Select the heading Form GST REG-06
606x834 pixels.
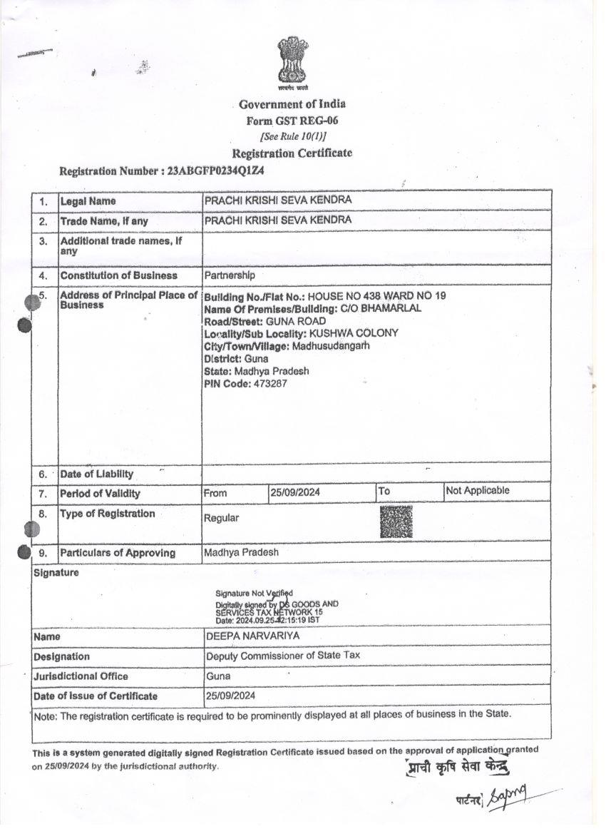(292, 121)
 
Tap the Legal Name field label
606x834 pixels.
(88, 202)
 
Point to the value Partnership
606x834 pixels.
(230, 275)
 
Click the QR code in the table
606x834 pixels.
(396, 522)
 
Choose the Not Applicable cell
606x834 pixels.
(478, 491)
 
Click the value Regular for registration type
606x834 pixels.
(222, 518)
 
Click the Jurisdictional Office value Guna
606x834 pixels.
(218, 676)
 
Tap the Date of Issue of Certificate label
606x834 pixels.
(96, 696)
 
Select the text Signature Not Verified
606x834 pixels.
(254, 593)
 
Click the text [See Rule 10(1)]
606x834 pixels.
(293, 136)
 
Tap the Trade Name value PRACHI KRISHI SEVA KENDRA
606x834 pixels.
(278, 220)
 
